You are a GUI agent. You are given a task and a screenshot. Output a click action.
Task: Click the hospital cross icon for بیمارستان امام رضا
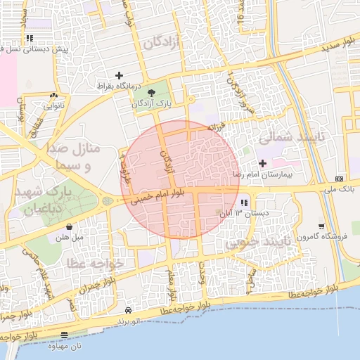tap(262, 163)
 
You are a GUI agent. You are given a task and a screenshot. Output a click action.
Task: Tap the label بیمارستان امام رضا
tap(266, 173)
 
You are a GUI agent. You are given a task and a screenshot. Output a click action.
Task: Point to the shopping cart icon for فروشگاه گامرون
tap(321, 226)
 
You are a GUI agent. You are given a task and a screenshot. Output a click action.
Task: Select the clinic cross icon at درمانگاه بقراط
tap(120, 75)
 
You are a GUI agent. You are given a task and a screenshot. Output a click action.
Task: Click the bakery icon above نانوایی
tap(53, 96)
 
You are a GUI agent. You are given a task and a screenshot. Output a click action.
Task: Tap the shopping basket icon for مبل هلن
tap(70, 227)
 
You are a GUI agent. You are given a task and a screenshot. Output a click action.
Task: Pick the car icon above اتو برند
tap(127, 310)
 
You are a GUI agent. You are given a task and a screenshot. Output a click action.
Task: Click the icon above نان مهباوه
tap(65, 335)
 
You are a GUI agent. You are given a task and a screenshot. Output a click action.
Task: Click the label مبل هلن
tap(70, 238)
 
